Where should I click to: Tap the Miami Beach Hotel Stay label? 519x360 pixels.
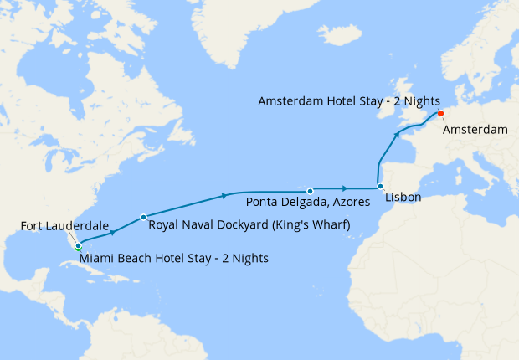pyautogui.click(x=174, y=259)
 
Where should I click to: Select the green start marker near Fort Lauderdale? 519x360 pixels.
pyautogui.click(x=77, y=247)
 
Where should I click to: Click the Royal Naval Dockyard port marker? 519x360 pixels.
pyautogui.click(x=143, y=217)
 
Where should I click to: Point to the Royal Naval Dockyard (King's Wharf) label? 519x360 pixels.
pyautogui.click(x=248, y=225)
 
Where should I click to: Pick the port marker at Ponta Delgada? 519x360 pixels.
pyautogui.click(x=310, y=191)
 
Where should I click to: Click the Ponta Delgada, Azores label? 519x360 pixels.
pyautogui.click(x=310, y=203)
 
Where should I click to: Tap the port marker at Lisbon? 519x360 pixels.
pyautogui.click(x=380, y=187)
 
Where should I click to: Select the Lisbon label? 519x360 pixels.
pyautogui.click(x=403, y=198)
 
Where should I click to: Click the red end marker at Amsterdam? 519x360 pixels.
pyautogui.click(x=440, y=115)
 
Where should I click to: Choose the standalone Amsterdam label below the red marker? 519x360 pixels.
pyautogui.click(x=475, y=130)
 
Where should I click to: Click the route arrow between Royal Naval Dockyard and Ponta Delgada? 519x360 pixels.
pyautogui.click(x=224, y=196)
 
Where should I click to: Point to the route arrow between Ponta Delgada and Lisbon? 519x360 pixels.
pyautogui.click(x=344, y=188)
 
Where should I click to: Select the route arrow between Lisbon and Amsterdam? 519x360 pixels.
pyautogui.click(x=398, y=133)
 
